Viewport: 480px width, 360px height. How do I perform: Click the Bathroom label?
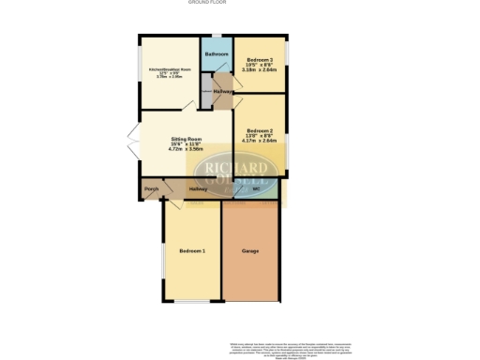pyautogui.click(x=217, y=54)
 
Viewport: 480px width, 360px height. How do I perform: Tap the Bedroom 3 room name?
pyautogui.click(x=258, y=58)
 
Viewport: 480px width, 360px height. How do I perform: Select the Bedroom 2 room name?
pyautogui.click(x=259, y=130)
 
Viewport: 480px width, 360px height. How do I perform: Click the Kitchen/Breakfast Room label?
pyautogui.click(x=170, y=69)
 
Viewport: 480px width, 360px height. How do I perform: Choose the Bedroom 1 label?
pyautogui.click(x=192, y=251)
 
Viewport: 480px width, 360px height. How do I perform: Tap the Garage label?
pyautogui.click(x=250, y=251)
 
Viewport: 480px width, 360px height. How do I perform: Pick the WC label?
pyautogui.click(x=256, y=190)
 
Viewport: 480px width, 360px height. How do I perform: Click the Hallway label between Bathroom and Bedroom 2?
pyautogui.click(x=223, y=92)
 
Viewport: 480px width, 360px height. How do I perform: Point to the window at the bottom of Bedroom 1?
pyautogui.click(x=191, y=301)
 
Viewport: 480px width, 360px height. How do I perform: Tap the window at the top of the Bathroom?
pyautogui.click(x=217, y=35)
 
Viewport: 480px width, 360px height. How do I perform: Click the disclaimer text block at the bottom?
pyautogui.click(x=292, y=344)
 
